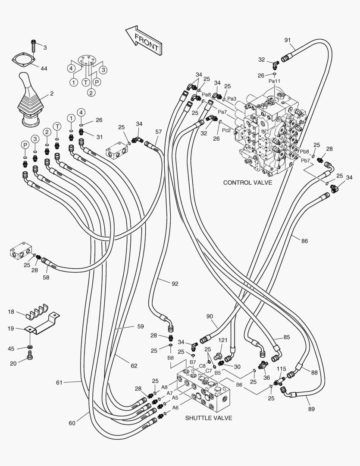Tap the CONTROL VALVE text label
(247, 183)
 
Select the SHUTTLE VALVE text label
(209, 418)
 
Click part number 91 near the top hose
(288, 40)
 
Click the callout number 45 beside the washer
(12, 348)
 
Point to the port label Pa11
(274, 81)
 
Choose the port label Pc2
(226, 130)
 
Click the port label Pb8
(305, 152)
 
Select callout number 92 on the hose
(175, 283)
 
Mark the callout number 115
(281, 369)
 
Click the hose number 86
(304, 241)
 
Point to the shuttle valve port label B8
(171, 358)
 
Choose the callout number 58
(46, 277)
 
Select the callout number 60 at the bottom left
(72, 423)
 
